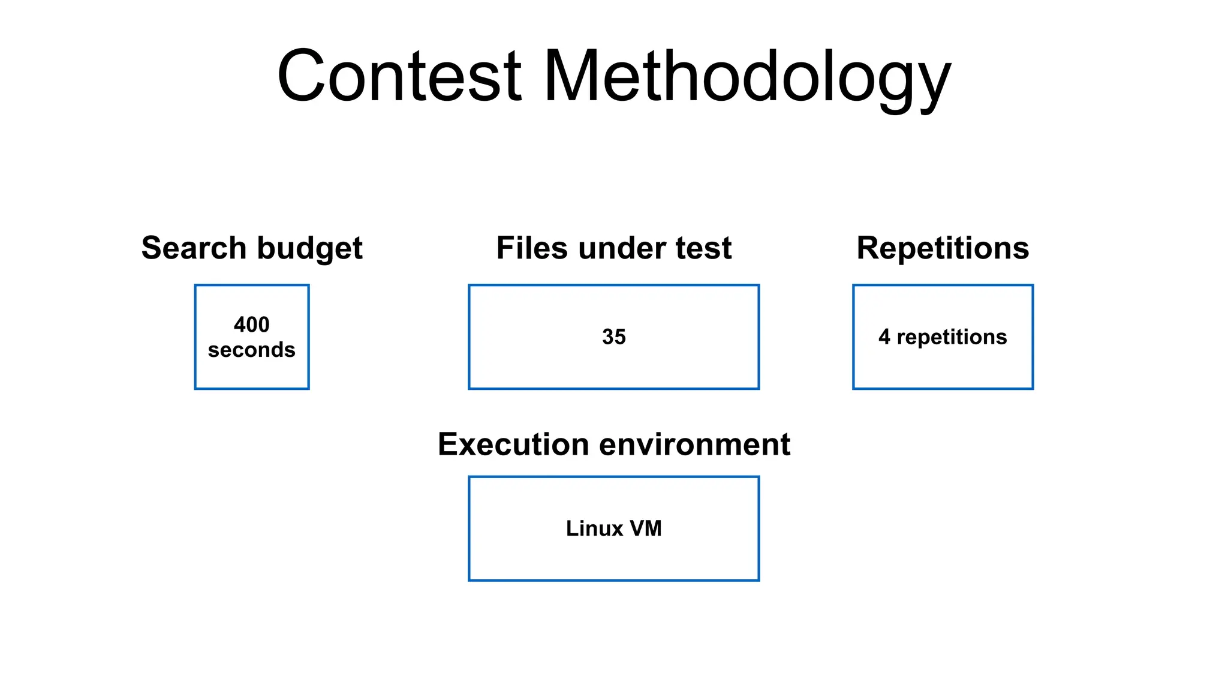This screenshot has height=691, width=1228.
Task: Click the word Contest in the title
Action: [x=399, y=77]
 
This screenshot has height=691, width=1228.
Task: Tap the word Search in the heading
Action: [x=194, y=248]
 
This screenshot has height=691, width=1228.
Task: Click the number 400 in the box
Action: [x=252, y=325]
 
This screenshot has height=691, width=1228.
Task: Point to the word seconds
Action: [x=252, y=350]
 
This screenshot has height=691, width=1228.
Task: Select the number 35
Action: [x=613, y=337]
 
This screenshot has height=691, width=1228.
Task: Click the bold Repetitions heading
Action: [x=943, y=248]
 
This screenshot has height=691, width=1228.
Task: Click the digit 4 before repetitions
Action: [x=884, y=337]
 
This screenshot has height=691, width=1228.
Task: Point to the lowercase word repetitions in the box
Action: [x=952, y=337]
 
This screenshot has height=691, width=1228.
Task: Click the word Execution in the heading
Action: [x=513, y=444]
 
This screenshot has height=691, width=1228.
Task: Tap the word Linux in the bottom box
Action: [x=594, y=528]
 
